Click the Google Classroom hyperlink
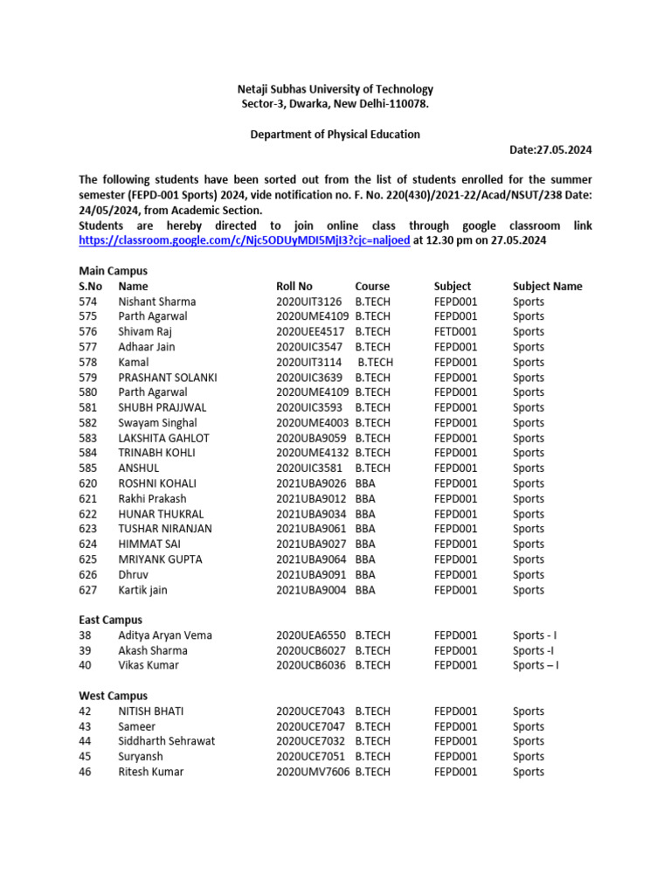pyautogui.click(x=244, y=241)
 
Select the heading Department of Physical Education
pyautogui.click(x=335, y=135)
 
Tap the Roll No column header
pyautogui.click(x=294, y=287)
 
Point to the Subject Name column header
pyautogui.click(x=547, y=287)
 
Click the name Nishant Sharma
pyautogui.click(x=157, y=302)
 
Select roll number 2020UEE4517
pyautogui.click(x=312, y=332)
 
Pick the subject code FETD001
pyautogui.click(x=455, y=332)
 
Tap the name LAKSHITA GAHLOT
pyautogui.click(x=163, y=438)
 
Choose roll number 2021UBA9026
pyautogui.click(x=312, y=483)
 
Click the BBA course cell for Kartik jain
pyautogui.click(x=365, y=590)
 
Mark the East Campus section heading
pyautogui.click(x=110, y=621)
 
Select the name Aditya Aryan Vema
pyautogui.click(x=165, y=635)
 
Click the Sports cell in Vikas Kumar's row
pyautogui.click(x=536, y=665)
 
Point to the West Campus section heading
pyautogui.click(x=112, y=696)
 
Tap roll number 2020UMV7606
pyautogui.click(x=312, y=772)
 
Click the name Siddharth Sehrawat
pyautogui.click(x=166, y=741)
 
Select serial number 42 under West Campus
pyautogui.click(x=85, y=711)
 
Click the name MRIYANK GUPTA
pyautogui.click(x=160, y=559)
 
